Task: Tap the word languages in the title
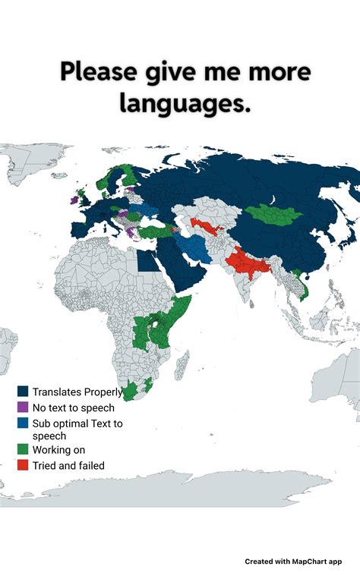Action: pos(185,103)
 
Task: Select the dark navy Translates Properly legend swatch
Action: pos(23,392)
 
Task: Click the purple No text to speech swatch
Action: pos(23,408)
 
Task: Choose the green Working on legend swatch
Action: pos(23,450)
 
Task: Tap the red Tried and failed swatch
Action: pos(23,465)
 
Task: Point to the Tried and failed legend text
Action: pos(68,465)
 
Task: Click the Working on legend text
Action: pos(58,450)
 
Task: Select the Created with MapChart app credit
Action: pos(293,562)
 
